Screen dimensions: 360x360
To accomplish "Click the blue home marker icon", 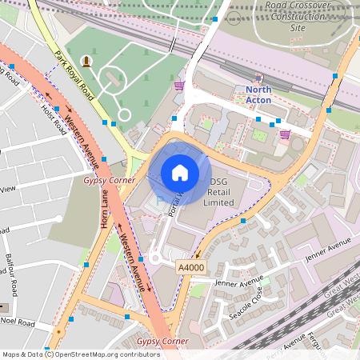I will tap(180, 172).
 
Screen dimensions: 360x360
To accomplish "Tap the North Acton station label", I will tap(258, 94).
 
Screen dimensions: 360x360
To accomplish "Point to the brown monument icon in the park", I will tap(86, 61).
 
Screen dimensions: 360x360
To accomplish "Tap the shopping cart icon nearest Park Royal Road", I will tap(179, 85).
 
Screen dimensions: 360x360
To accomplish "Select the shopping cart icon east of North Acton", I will tap(285, 134).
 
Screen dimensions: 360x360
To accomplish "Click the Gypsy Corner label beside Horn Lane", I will tap(109, 181).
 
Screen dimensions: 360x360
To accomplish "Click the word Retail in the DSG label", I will tap(220, 192).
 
